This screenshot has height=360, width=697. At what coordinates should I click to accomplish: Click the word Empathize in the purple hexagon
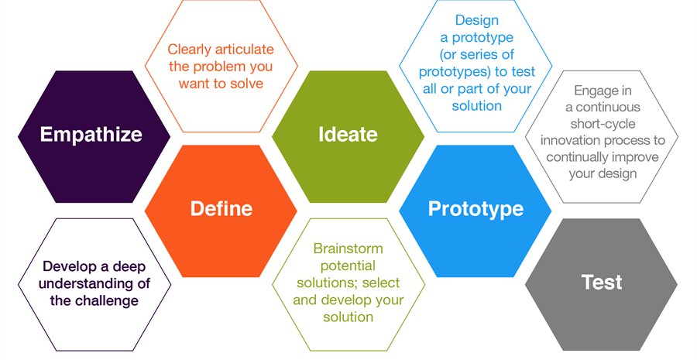coord(91,134)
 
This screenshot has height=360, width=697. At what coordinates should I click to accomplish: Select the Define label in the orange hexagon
coord(221,208)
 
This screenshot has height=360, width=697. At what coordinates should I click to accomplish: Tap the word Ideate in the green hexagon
coord(348,134)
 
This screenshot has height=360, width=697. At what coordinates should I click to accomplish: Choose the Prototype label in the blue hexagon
coord(476,208)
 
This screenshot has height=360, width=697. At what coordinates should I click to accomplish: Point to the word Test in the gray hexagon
coord(602,282)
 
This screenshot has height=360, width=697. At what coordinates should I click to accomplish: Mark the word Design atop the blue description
coord(476,21)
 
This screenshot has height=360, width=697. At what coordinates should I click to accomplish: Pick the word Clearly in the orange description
coord(191,50)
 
